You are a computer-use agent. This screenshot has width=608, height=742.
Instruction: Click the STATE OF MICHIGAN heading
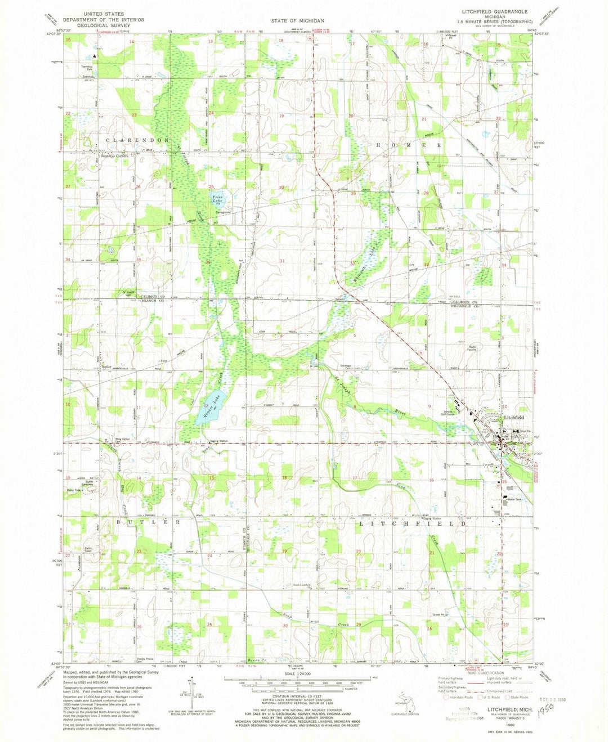point(297,21)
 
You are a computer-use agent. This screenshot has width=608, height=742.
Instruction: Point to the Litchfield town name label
point(513,418)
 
